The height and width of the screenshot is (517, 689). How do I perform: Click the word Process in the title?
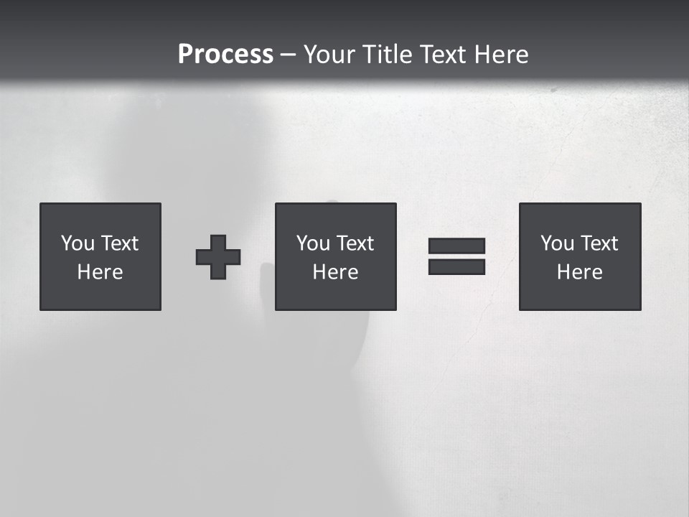pyautogui.click(x=225, y=55)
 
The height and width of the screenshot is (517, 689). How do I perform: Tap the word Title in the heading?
pyautogui.click(x=390, y=55)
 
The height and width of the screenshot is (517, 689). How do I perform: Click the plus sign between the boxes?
pyautogui.click(x=218, y=257)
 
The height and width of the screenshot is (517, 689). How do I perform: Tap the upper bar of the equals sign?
pyautogui.click(x=456, y=246)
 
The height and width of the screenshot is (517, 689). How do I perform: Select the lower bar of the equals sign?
pyautogui.click(x=456, y=266)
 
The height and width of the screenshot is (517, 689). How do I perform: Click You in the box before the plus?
pyautogui.click(x=78, y=243)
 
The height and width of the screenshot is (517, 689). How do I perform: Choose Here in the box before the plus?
pyautogui.click(x=100, y=272)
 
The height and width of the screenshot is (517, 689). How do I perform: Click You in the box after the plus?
pyautogui.click(x=313, y=243)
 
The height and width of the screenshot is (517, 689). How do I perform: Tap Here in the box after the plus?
pyautogui.click(x=335, y=272)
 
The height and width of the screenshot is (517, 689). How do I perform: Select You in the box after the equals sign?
pyautogui.click(x=557, y=243)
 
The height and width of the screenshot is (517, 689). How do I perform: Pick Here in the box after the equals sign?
pyautogui.click(x=579, y=272)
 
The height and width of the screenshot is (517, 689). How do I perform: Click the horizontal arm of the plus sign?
pyautogui.click(x=204, y=257)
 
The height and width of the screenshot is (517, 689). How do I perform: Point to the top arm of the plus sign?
pyautogui.click(x=218, y=241)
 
